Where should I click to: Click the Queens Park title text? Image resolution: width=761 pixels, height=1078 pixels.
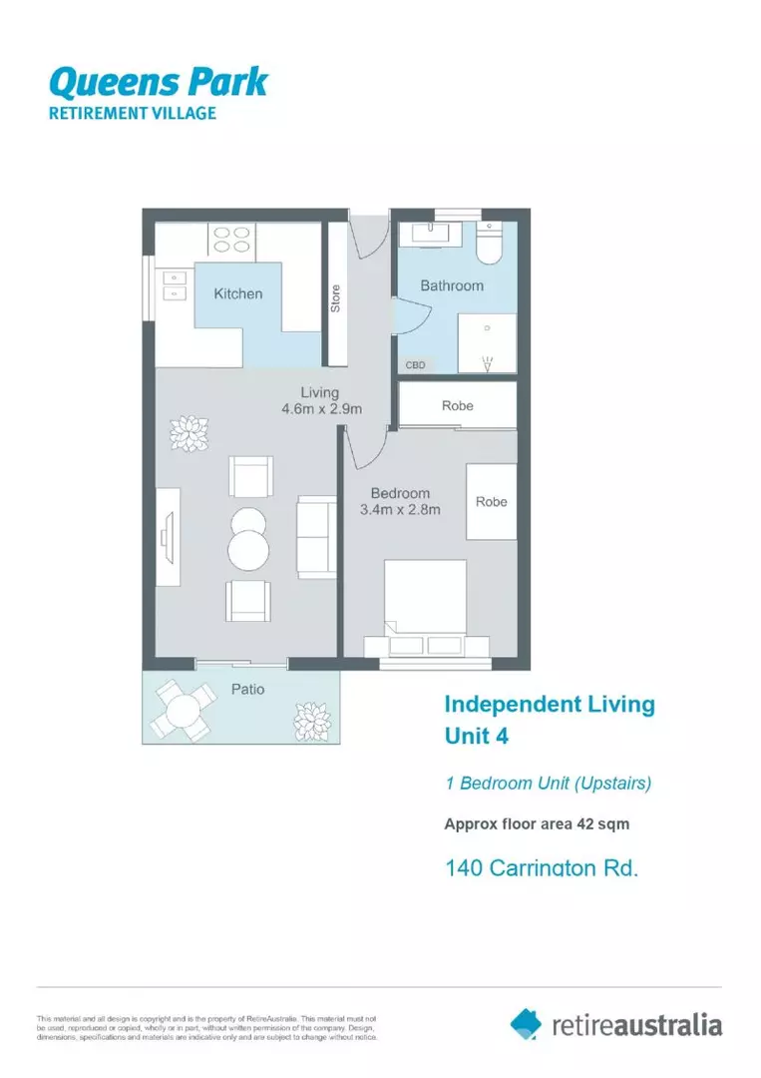click(158, 80)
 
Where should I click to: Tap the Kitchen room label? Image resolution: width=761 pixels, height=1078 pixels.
click(238, 293)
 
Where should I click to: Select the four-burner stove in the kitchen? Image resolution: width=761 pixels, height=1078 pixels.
click(231, 240)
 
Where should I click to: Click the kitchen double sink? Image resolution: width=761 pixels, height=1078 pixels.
click(174, 286)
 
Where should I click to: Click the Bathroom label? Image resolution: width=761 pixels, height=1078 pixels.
click(451, 285)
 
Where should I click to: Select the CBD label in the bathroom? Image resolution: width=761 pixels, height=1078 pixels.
click(415, 365)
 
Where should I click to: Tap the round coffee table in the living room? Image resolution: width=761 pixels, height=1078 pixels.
click(247, 547)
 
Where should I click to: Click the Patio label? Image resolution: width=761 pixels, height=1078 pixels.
click(247, 689)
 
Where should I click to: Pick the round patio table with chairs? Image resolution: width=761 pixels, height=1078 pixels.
click(183, 710)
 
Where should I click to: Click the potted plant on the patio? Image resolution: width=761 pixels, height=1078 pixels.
click(309, 717)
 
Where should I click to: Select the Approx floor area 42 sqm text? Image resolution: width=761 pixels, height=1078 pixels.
click(537, 824)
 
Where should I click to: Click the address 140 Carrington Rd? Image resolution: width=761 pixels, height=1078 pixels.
click(541, 867)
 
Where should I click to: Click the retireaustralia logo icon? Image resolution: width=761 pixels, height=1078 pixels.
click(526, 1023)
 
